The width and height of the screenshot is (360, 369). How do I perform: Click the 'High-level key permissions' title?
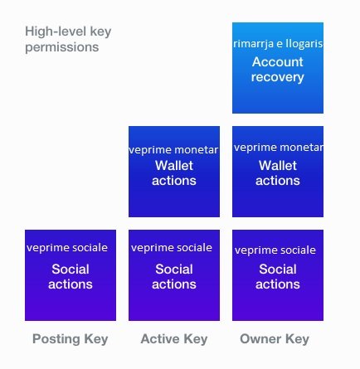(x=68, y=39)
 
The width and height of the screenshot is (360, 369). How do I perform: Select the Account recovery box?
(x=278, y=68)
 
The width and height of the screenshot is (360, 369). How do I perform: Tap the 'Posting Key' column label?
(x=71, y=339)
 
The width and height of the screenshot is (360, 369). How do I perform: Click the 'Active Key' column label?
(x=174, y=339)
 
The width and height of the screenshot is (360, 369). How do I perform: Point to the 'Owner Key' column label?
(x=275, y=339)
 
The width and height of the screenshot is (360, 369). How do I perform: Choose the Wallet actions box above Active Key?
(x=174, y=172)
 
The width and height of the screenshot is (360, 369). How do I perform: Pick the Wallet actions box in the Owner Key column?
(x=278, y=172)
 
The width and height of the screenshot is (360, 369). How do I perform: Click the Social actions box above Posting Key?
(x=71, y=275)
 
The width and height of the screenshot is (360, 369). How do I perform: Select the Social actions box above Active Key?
(x=174, y=275)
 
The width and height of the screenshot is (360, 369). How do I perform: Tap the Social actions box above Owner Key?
(x=278, y=275)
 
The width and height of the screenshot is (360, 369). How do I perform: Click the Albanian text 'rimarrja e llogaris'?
(x=278, y=44)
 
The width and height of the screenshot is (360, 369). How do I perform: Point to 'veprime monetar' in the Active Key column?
(x=174, y=150)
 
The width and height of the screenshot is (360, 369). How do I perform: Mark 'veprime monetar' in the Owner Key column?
(x=278, y=148)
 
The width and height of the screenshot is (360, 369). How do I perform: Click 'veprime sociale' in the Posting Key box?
(x=67, y=248)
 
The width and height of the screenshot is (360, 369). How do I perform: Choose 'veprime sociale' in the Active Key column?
(x=172, y=248)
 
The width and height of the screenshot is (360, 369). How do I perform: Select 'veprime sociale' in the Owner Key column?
(x=275, y=250)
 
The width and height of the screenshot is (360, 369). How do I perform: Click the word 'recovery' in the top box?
(x=278, y=77)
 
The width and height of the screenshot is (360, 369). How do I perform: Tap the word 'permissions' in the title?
(x=62, y=47)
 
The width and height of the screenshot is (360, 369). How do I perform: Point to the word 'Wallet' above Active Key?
(x=174, y=166)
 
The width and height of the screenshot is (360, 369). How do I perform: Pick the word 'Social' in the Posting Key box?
(x=71, y=269)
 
